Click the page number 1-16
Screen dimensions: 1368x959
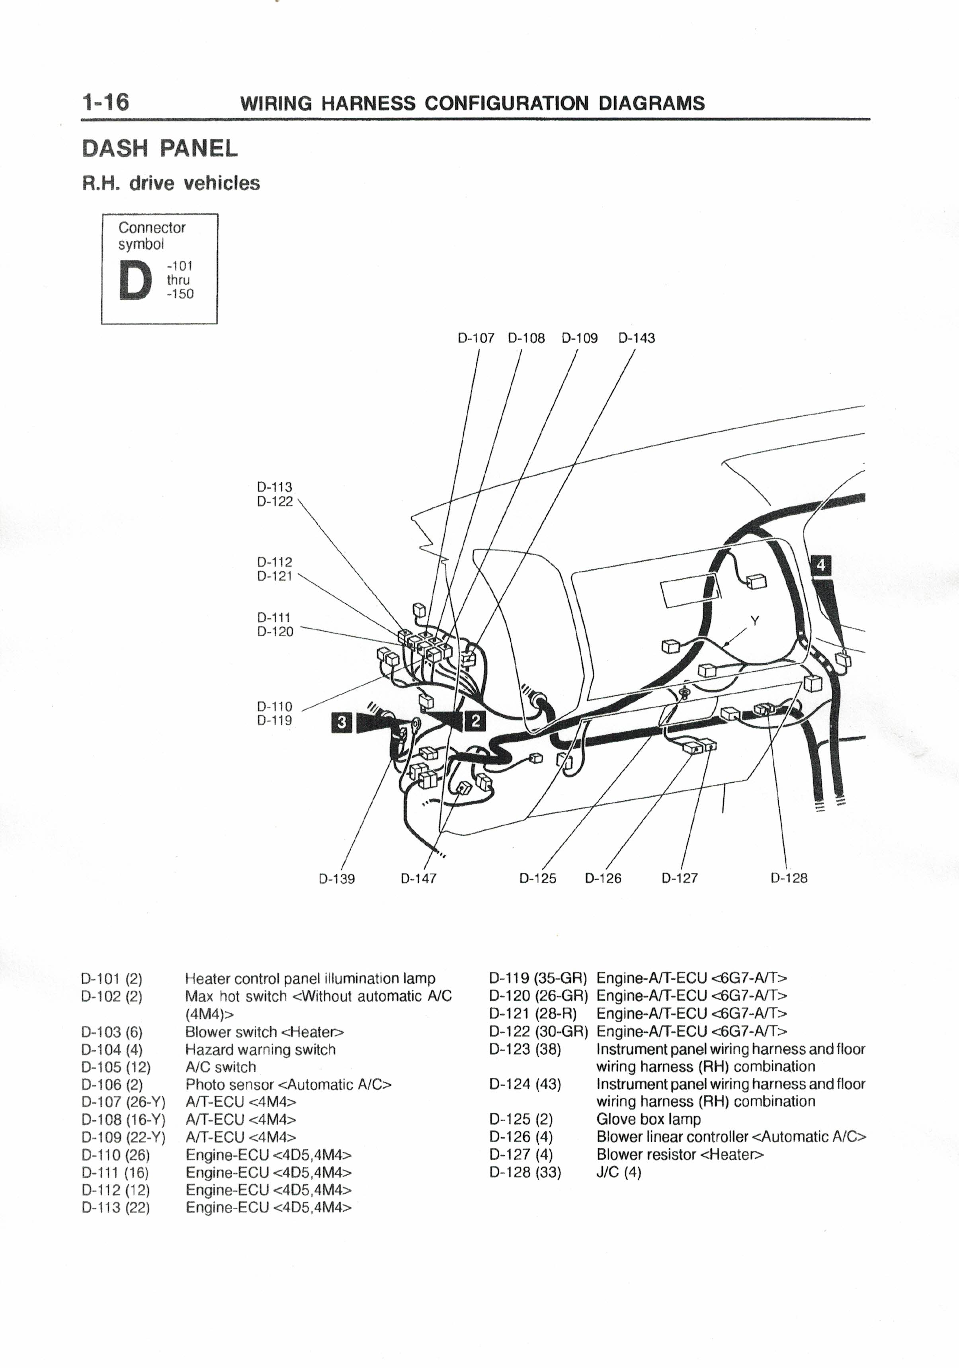click(x=105, y=102)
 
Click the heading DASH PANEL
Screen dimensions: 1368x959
click(x=160, y=149)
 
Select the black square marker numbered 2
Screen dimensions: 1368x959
click(x=475, y=721)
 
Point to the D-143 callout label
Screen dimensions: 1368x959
click(x=636, y=338)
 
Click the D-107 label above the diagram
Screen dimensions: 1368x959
click(x=476, y=338)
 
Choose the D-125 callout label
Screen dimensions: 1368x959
click(x=537, y=878)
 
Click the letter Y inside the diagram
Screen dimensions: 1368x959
click(x=755, y=621)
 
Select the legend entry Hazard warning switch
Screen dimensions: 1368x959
click(x=260, y=1050)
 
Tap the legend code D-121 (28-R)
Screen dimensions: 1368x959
click(x=533, y=1014)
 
